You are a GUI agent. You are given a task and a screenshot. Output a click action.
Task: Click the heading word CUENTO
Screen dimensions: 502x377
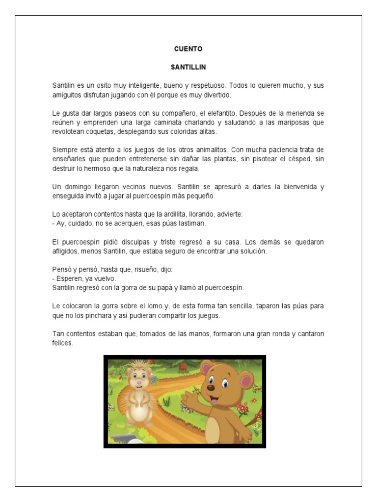pos(188,49)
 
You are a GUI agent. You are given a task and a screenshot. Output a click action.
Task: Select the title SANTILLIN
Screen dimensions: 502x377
pos(188,67)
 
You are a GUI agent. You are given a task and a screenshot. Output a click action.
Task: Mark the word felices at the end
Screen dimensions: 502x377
pos(63,343)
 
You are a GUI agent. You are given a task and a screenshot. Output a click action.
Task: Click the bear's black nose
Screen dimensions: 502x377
pos(211,387)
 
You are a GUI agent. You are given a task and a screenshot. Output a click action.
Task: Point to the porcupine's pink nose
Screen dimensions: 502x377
pos(139,382)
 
